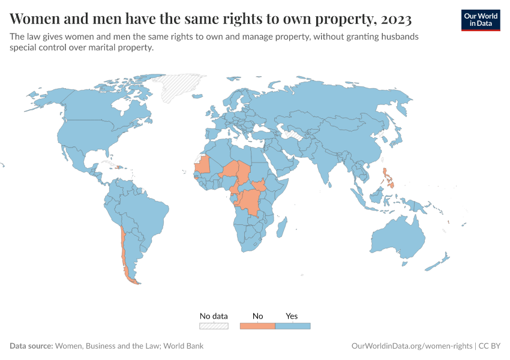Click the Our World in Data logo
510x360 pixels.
coord(480,20)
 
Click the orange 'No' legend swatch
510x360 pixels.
coord(258,326)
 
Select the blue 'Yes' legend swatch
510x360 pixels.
coord(293,326)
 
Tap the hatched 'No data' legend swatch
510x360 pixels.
coord(214,326)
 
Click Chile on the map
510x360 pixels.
coord(124,252)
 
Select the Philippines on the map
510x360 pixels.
coord(388,178)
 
